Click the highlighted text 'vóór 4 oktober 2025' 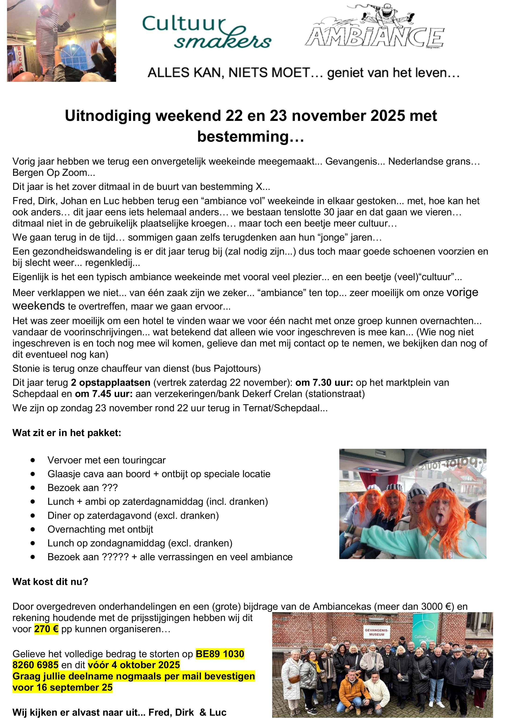[x=134, y=665]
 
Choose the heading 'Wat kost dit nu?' [x=51, y=582]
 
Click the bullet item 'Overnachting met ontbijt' [x=100, y=530]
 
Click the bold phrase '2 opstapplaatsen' [x=111, y=383]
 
